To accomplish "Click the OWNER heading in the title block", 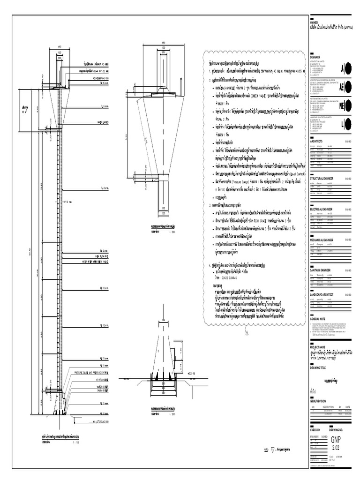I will [314, 22].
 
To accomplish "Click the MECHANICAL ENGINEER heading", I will [323, 240].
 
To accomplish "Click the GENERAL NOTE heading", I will [318, 319].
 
